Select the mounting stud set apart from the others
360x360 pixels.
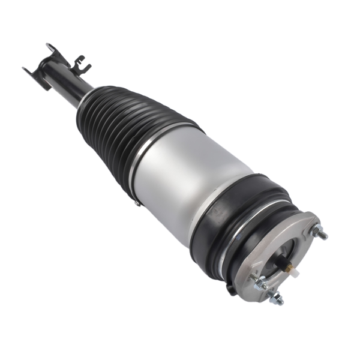(x=322, y=233)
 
